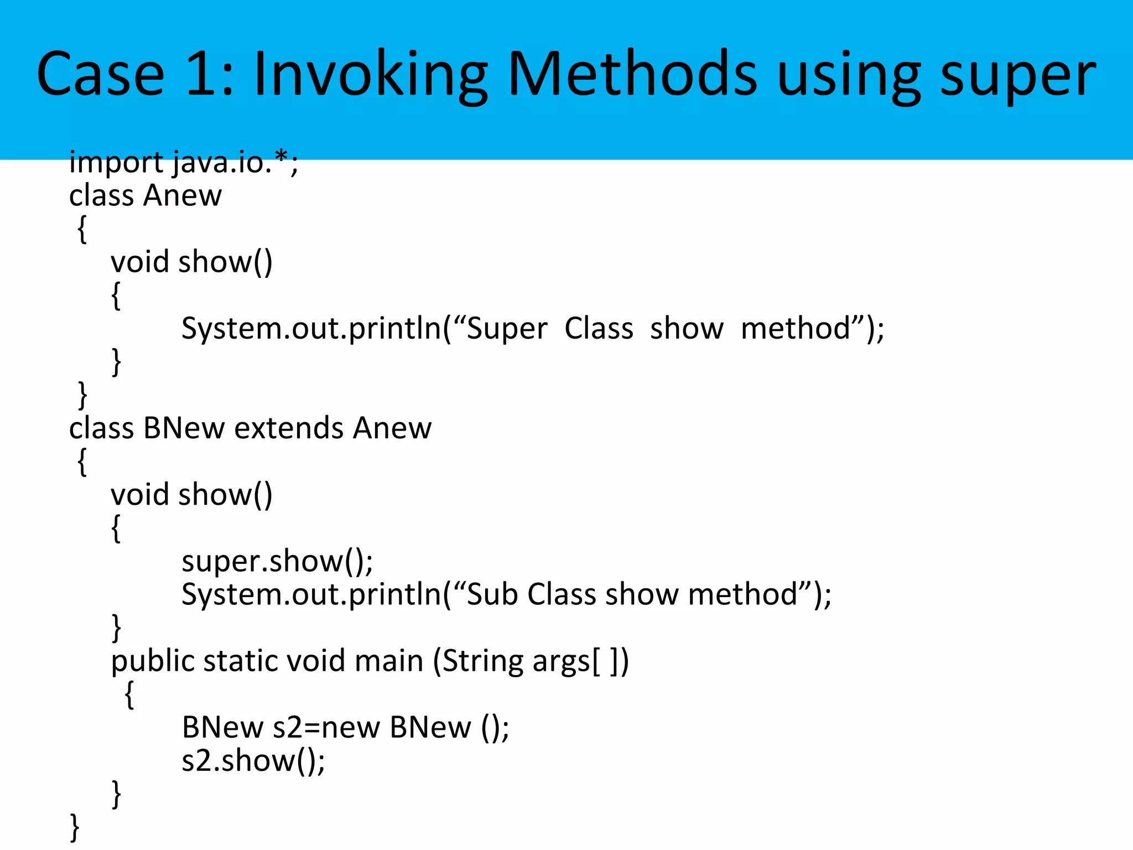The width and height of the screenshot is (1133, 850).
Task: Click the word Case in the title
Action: pos(100,74)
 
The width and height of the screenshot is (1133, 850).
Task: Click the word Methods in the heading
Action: pos(632,74)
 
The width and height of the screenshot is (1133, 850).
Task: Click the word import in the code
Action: pos(116,163)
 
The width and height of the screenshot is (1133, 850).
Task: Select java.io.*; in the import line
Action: pos(235,163)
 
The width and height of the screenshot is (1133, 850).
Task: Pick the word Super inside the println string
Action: pos(507,329)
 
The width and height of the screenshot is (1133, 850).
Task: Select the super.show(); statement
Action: pos(277,561)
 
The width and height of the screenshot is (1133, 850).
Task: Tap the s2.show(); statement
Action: pos(253,761)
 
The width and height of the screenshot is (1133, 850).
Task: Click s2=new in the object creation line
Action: pos(326,727)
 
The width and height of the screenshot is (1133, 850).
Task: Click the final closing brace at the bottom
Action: pos(75,828)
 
